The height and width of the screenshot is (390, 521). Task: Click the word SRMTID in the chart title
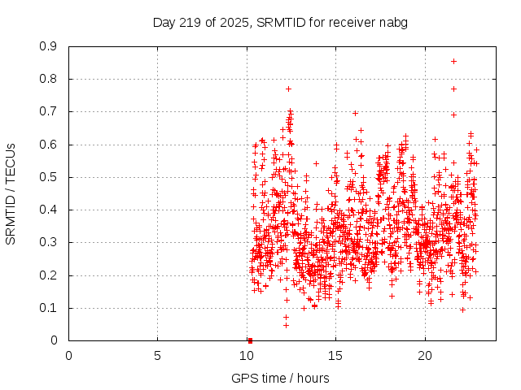pyautogui.click(x=279, y=22)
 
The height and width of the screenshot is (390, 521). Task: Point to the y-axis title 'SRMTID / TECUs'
pyautogui.click(x=11, y=193)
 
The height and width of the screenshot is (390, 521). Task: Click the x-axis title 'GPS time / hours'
pyautogui.click(x=280, y=378)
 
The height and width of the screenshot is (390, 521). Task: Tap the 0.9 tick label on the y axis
pyautogui.click(x=48, y=46)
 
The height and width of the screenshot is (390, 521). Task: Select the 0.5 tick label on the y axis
pyautogui.click(x=48, y=177)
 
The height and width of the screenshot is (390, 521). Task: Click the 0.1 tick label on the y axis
pyautogui.click(x=48, y=308)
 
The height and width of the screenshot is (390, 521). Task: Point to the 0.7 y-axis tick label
pyautogui.click(x=48, y=111)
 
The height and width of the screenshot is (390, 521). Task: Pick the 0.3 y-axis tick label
pyautogui.click(x=48, y=242)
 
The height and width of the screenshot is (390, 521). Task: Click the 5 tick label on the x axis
pyautogui.click(x=157, y=356)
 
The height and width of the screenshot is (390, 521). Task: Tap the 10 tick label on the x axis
pyautogui.click(x=247, y=356)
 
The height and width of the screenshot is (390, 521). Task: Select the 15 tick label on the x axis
pyautogui.click(x=335, y=356)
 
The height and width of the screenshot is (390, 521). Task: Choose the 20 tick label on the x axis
pyautogui.click(x=424, y=356)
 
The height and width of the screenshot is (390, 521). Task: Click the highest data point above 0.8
pyautogui.click(x=453, y=61)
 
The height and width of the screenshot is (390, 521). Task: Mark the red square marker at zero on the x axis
pyautogui.click(x=250, y=340)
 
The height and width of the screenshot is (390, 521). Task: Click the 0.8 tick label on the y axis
pyautogui.click(x=48, y=79)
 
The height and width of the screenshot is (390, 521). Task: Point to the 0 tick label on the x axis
pyautogui.click(x=68, y=356)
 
